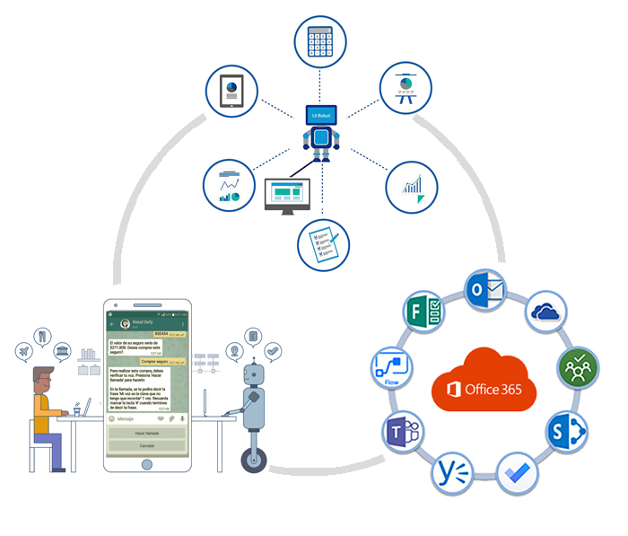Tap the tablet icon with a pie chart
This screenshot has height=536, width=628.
pyautogui.click(x=231, y=91)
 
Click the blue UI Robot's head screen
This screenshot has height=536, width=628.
pyautogui.click(x=320, y=114)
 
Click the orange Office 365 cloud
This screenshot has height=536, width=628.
pyautogui.click(x=484, y=381)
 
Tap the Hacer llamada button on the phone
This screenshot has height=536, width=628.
pyautogui.click(x=145, y=433)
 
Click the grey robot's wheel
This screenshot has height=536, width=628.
pyautogui.click(x=254, y=461)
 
